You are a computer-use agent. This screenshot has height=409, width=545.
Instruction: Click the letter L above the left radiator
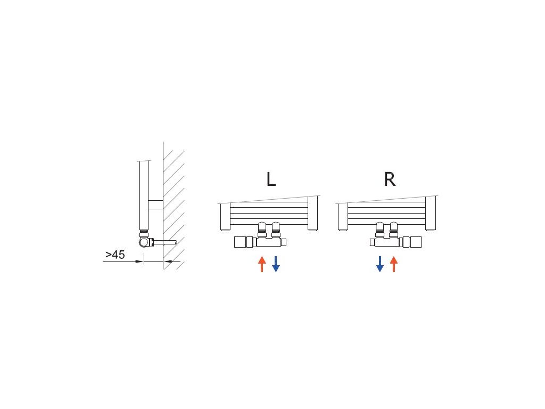271,179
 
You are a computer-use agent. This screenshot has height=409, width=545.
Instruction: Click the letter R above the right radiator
390,179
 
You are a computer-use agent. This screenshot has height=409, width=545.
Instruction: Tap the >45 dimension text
115,255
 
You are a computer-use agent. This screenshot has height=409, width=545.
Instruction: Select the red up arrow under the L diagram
262,264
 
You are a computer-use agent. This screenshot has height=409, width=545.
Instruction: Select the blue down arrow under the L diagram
276,264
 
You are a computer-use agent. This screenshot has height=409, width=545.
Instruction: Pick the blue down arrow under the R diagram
380,264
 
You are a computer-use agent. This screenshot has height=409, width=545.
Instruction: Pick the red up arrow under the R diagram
394,264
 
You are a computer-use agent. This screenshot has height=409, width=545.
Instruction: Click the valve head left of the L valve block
245,242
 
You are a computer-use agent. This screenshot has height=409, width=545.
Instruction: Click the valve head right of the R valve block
410,242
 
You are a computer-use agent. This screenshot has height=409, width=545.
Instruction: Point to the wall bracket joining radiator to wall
155,205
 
